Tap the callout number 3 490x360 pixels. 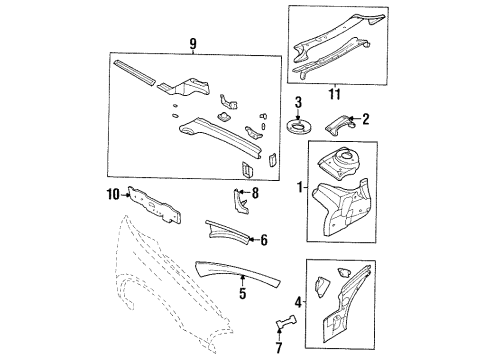pos(298,101)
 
